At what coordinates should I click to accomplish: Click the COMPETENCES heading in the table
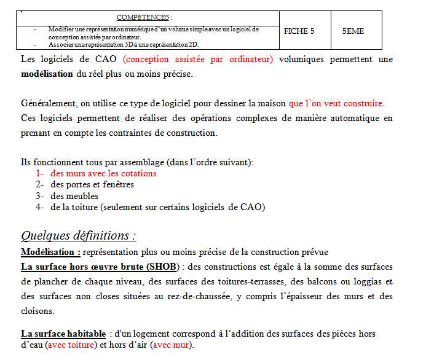click(x=144, y=17)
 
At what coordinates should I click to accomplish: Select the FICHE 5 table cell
click(x=299, y=31)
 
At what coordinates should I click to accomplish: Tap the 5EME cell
click(x=353, y=31)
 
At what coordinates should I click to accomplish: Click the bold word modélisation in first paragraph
click(x=47, y=74)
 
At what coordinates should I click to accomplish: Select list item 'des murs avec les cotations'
click(x=103, y=173)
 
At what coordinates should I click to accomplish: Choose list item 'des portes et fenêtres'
click(x=92, y=184)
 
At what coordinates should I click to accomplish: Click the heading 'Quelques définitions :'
click(x=79, y=235)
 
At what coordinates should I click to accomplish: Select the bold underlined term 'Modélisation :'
click(x=50, y=252)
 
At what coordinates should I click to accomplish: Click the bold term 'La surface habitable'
click(x=63, y=334)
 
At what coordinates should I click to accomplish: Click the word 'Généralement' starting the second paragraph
click(x=49, y=103)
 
